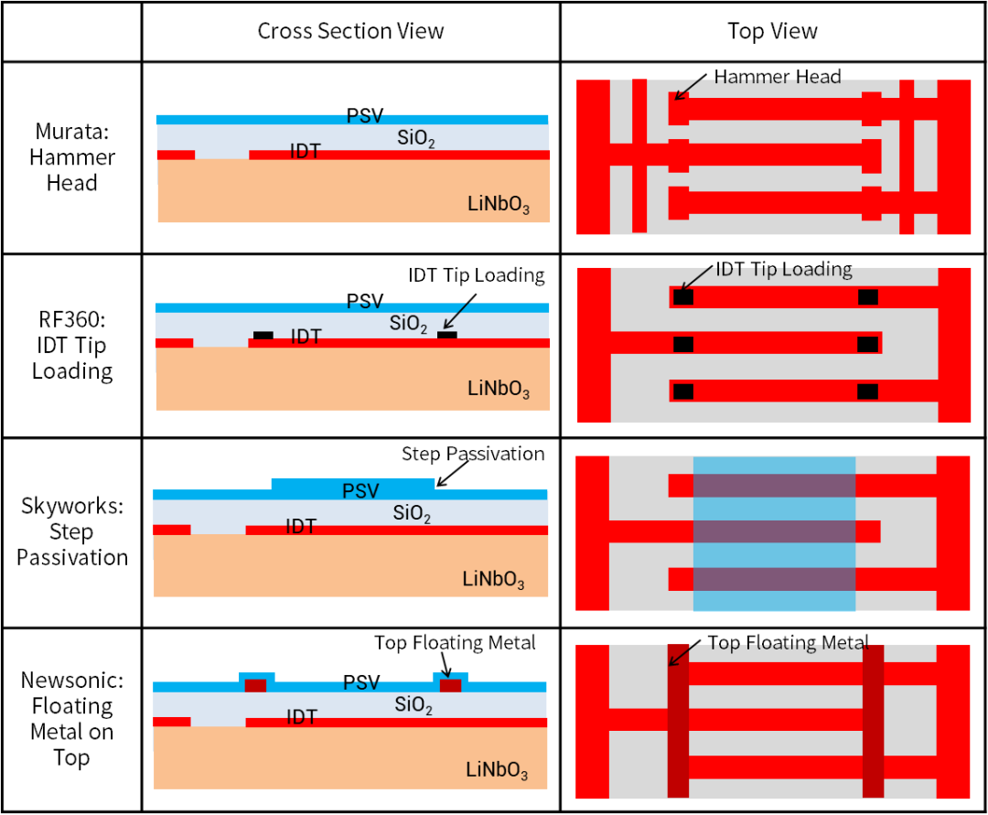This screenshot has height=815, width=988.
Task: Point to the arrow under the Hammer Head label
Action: click(x=687, y=89)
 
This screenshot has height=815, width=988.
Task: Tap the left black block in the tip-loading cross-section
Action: click(x=263, y=336)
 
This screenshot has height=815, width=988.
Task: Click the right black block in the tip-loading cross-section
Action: click(x=446, y=335)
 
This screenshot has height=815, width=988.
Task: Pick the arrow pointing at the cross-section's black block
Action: click(x=455, y=316)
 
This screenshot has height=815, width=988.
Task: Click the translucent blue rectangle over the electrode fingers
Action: click(x=774, y=533)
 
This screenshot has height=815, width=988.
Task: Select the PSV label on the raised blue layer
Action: click(x=360, y=491)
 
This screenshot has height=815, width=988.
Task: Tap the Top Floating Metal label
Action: click(x=786, y=645)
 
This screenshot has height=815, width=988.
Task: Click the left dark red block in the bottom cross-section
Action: click(x=255, y=685)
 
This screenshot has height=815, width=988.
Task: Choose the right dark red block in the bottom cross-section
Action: click(x=450, y=685)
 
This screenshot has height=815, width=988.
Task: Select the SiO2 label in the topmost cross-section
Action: click(x=415, y=139)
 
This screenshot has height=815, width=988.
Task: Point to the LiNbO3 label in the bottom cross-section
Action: click(x=497, y=770)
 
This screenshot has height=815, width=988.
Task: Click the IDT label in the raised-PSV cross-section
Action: click(x=301, y=527)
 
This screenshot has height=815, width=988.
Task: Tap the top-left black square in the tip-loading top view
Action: click(x=683, y=297)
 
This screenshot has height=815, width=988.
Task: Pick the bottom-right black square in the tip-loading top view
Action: click(x=867, y=391)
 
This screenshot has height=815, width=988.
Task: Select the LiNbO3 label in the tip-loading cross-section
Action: click(x=499, y=390)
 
